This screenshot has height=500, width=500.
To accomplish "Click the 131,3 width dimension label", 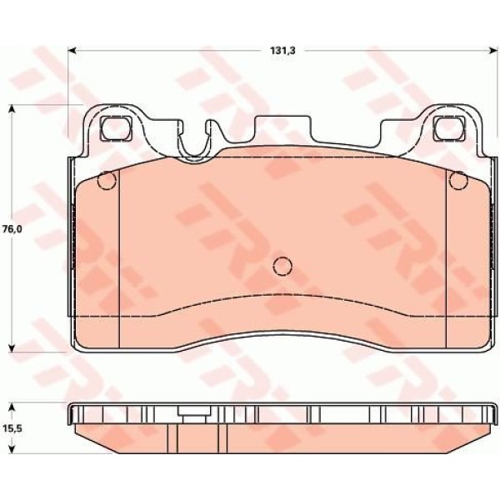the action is (x=283, y=51).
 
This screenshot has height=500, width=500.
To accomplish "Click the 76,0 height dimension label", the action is (x=12, y=229).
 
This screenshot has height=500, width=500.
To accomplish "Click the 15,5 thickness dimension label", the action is (x=12, y=428).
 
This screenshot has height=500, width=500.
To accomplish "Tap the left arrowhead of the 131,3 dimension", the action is (x=72, y=50).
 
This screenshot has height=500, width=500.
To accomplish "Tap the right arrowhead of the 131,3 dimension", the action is (x=492, y=50).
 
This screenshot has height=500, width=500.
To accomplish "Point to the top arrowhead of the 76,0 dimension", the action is (x=12, y=108).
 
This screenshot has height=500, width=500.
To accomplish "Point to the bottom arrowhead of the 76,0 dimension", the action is (x=12, y=347).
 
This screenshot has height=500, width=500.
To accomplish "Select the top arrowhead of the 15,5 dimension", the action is (x=12, y=407).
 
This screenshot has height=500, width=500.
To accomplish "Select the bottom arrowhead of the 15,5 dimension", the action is (x=12, y=449).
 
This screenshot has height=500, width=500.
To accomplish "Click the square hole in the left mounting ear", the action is (x=116, y=128).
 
